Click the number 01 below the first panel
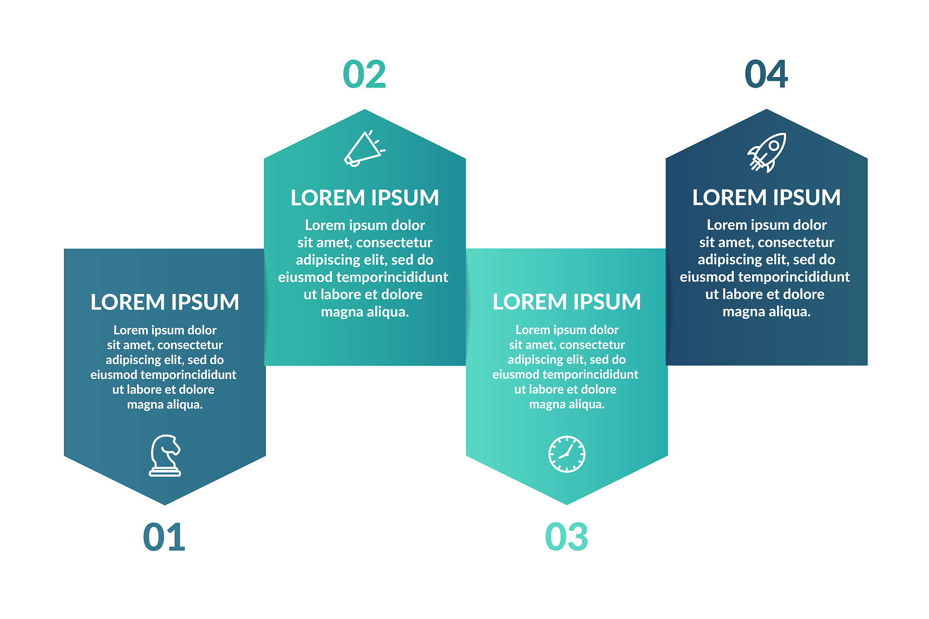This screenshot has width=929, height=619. [x=164, y=537]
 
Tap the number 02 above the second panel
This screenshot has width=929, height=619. [x=364, y=75]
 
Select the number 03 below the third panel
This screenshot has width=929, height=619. [x=567, y=537]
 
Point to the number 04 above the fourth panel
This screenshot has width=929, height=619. [x=766, y=75]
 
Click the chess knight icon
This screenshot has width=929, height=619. [x=165, y=455]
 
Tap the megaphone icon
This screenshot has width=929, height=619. [x=364, y=149]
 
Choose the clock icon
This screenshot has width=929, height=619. [x=567, y=454]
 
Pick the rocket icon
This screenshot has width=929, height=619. [x=767, y=152]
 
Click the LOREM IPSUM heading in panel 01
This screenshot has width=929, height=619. [x=165, y=302]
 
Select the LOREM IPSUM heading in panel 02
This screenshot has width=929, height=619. [x=365, y=198]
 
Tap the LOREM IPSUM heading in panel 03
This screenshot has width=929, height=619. [x=567, y=302]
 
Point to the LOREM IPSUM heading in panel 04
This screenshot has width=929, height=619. [x=766, y=198]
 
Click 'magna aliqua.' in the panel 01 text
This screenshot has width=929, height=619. [x=165, y=405]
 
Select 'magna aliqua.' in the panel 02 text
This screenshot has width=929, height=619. [x=365, y=312]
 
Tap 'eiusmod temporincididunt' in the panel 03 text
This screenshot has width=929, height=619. [x=565, y=375]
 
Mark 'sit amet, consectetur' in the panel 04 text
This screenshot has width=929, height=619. [x=766, y=243]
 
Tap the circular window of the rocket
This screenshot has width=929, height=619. [x=774, y=146]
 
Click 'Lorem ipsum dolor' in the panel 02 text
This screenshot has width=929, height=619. [x=365, y=225]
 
